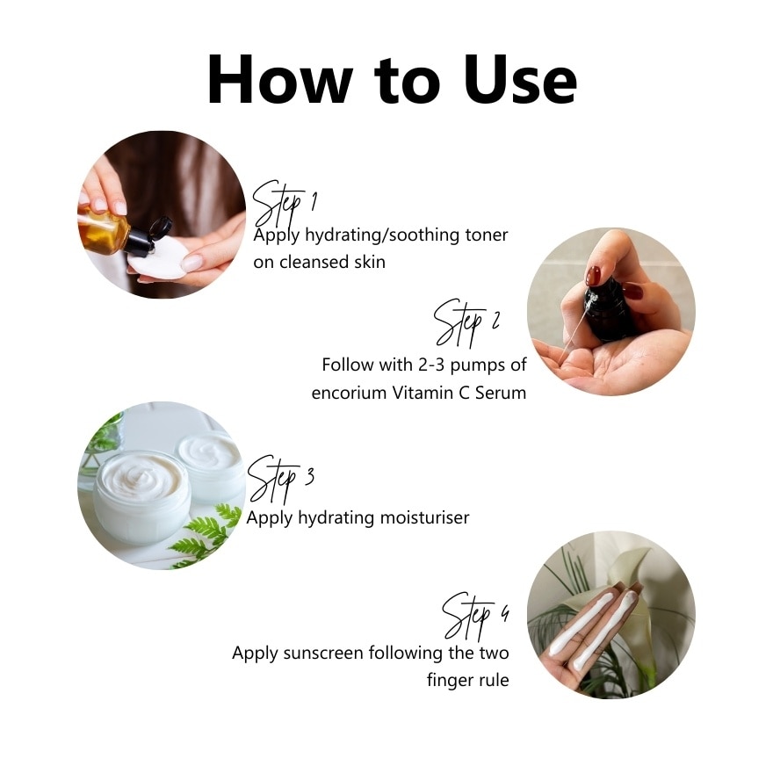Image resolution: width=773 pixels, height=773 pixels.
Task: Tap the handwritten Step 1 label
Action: (285, 204)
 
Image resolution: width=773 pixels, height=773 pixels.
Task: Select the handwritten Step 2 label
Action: (466, 322)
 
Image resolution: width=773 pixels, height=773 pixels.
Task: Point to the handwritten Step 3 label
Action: (280, 479)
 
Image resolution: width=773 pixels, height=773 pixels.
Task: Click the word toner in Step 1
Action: (486, 235)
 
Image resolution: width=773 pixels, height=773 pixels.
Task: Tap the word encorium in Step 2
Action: (349, 393)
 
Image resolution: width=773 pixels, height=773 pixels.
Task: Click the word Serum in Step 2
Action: (501, 393)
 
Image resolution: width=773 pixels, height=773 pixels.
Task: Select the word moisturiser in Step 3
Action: (424, 517)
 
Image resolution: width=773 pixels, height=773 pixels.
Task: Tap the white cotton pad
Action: (159, 258)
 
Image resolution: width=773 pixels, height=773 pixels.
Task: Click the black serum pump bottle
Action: (609, 309)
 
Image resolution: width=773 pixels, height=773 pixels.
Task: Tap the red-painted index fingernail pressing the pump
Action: (593, 276)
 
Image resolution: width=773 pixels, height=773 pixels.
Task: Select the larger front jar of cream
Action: (142, 497)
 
